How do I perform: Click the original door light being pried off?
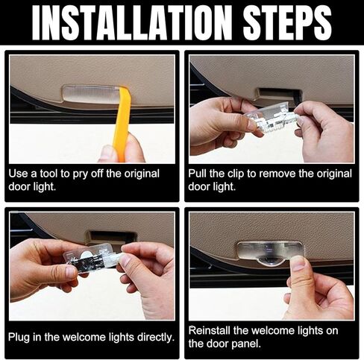pos(92,95)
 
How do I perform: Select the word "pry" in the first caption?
pos(80,174)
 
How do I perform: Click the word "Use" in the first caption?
pos(18,174)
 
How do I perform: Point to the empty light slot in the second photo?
pos(278,94)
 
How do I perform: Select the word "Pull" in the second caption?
pos(198,173)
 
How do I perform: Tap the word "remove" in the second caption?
pos(277,174)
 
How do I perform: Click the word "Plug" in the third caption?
pos(19,338)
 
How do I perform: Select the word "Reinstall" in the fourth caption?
pos(210,331)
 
